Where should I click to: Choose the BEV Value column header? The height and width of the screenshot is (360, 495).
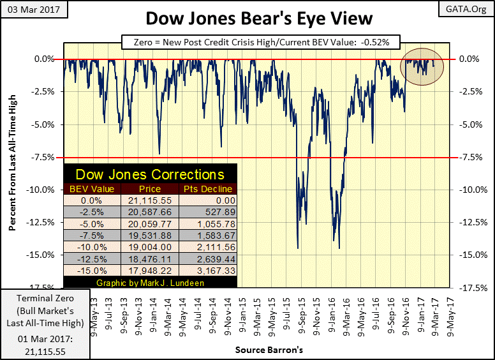point(92,188)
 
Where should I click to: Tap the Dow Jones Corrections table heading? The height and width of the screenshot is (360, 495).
point(150,174)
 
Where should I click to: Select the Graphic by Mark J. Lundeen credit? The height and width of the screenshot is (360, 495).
point(150,282)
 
